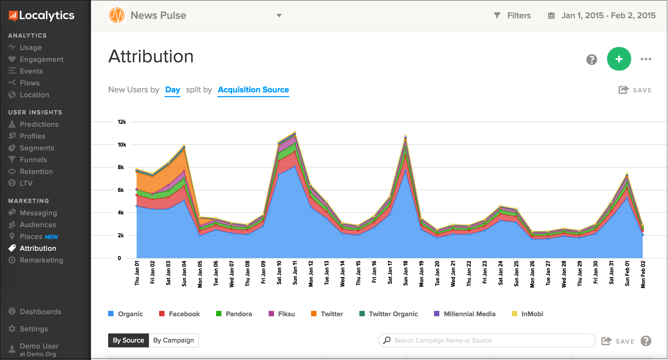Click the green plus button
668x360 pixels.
click(619, 59)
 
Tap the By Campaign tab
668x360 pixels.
click(174, 340)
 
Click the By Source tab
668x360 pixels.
click(129, 340)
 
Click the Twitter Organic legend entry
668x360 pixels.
click(389, 314)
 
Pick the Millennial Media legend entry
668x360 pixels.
click(465, 314)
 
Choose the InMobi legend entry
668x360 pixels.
click(527, 314)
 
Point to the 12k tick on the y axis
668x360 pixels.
click(122, 122)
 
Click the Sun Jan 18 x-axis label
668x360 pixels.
click(406, 273)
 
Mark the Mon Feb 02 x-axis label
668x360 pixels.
click(643, 274)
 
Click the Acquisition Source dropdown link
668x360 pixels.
click(253, 90)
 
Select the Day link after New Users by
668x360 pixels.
click(173, 90)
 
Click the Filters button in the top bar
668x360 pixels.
click(512, 16)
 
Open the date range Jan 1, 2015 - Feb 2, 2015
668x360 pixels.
click(602, 16)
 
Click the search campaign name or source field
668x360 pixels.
click(487, 340)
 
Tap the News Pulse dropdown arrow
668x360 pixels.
click(279, 16)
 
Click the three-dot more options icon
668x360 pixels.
click(646, 59)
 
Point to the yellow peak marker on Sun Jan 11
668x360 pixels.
click(295, 132)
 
